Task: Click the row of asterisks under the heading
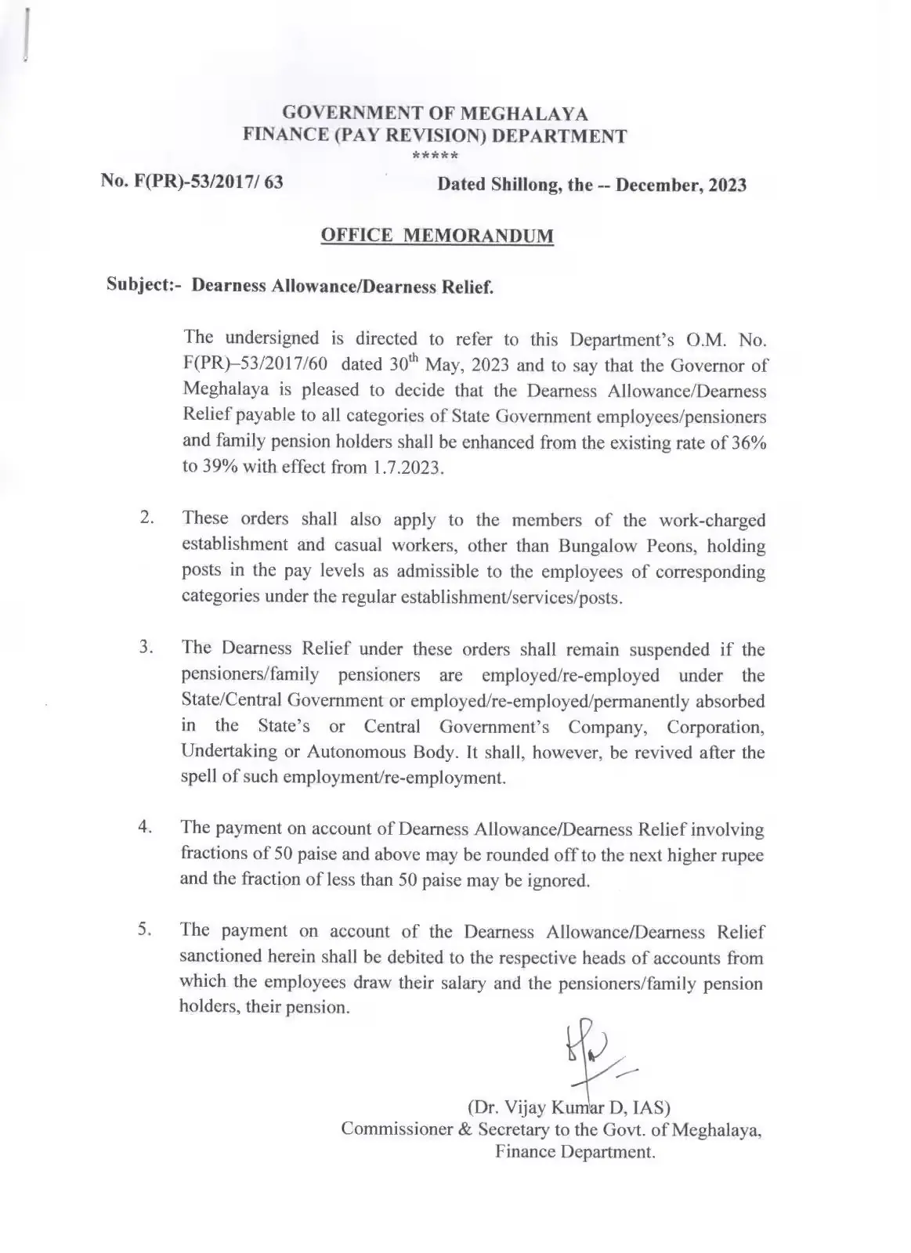(435, 156)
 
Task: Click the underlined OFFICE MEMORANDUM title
(437, 236)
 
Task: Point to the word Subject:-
(146, 284)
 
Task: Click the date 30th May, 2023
(444, 365)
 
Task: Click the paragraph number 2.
(146, 518)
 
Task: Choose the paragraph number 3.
(146, 648)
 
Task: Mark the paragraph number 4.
(146, 828)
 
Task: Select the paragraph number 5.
(146, 930)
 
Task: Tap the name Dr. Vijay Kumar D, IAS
(569, 1107)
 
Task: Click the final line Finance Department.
(575, 1153)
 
